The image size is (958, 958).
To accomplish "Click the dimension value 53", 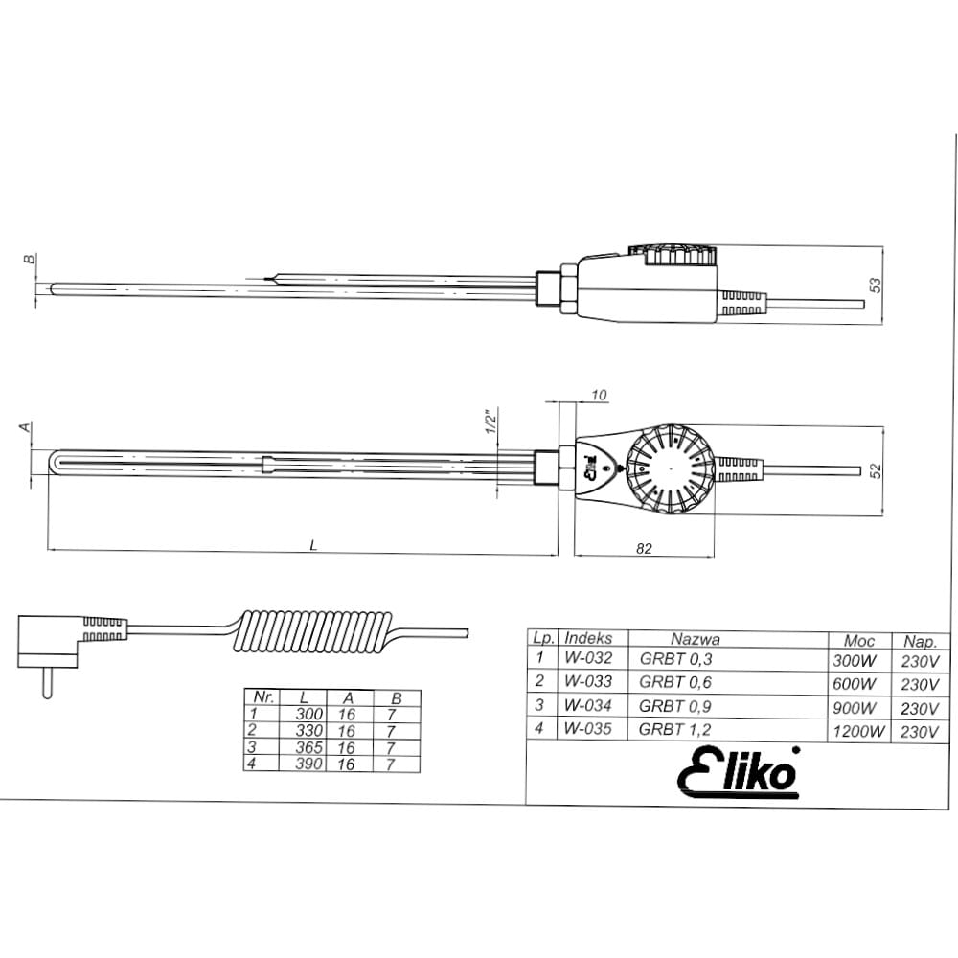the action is [x=876, y=285].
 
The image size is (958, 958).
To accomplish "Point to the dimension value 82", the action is [x=644, y=549].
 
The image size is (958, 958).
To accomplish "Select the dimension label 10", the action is [x=599, y=395].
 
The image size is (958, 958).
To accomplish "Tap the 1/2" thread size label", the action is [x=490, y=422].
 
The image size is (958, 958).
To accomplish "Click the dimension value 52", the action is [x=876, y=469].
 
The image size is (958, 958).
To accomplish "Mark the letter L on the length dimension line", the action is [x=314, y=545].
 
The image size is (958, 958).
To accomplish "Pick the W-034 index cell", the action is [x=588, y=706].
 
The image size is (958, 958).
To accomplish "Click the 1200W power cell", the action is [x=858, y=731].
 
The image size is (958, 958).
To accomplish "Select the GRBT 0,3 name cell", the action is [x=675, y=659].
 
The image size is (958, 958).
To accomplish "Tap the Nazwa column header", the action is [x=696, y=639].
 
